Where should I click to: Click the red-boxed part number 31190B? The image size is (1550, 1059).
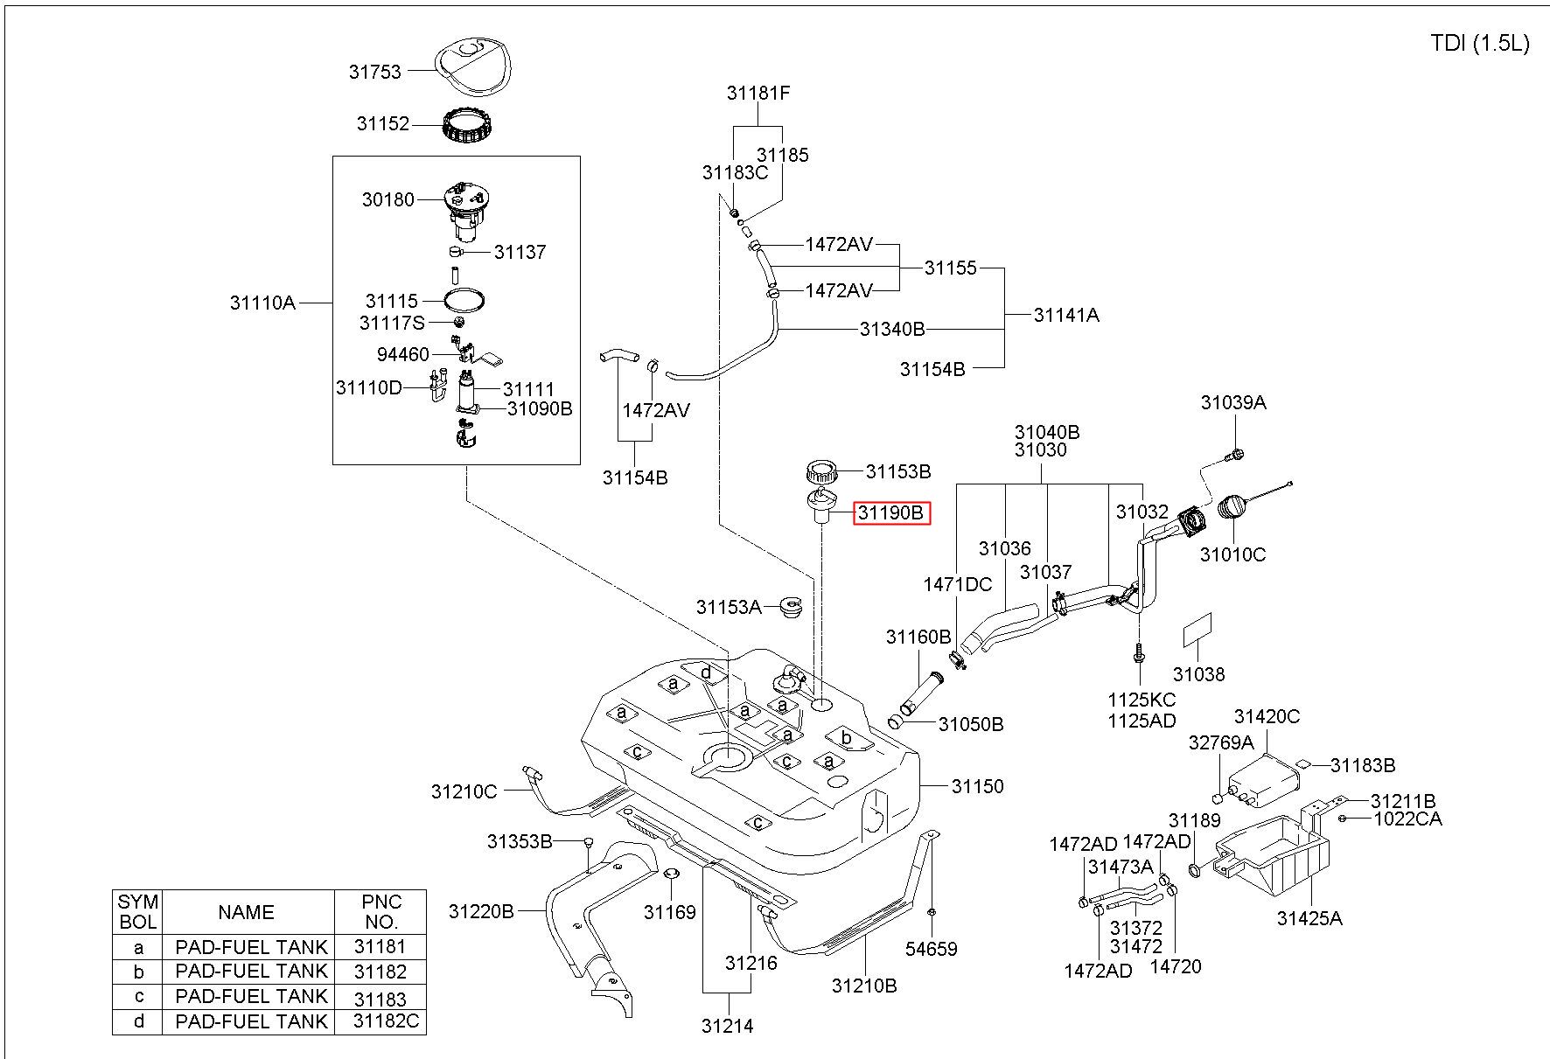click(891, 513)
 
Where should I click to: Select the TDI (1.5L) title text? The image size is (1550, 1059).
click(1480, 44)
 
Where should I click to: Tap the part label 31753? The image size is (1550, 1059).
click(374, 72)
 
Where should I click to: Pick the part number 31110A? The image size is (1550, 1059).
click(262, 303)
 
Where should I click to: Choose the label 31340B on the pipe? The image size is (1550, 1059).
click(892, 329)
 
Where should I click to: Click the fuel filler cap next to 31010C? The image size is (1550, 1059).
click(1236, 509)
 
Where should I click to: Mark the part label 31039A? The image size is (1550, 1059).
click(1233, 402)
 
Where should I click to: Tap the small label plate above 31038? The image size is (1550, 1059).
click(1197, 629)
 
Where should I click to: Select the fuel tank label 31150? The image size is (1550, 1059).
click(978, 786)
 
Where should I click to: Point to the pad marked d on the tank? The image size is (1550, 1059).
click(707, 672)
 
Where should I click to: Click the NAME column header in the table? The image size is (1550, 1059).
click(247, 912)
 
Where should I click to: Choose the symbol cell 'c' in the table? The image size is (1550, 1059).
click(138, 996)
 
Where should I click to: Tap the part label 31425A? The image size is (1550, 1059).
click(1309, 918)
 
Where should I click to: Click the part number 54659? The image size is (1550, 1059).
click(932, 949)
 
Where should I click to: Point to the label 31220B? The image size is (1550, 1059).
click(481, 911)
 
